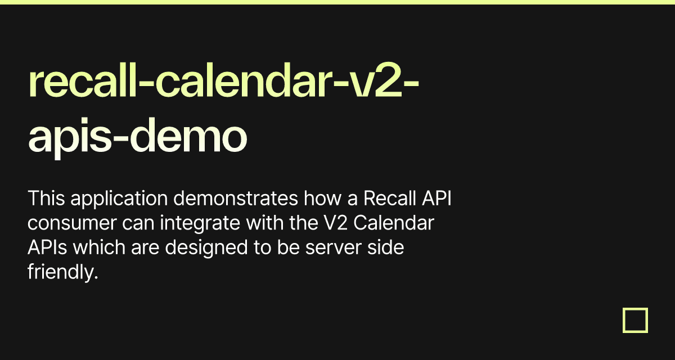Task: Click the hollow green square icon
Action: point(635,320)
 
